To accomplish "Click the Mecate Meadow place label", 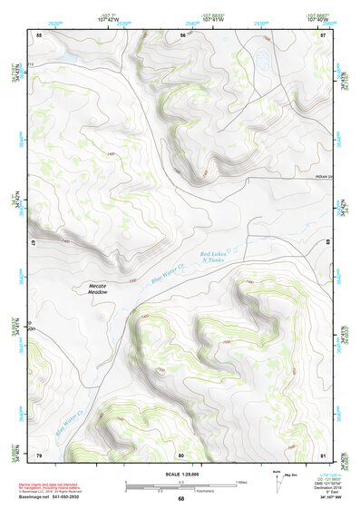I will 98,289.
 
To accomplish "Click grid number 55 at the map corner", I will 38,34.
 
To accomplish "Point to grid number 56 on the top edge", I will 181,34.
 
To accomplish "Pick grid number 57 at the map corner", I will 323,34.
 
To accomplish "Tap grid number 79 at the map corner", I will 38,455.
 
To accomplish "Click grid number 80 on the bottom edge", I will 181,455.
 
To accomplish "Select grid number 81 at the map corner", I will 323,455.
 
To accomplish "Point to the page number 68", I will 180,498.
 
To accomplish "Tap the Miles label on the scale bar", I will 240,481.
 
